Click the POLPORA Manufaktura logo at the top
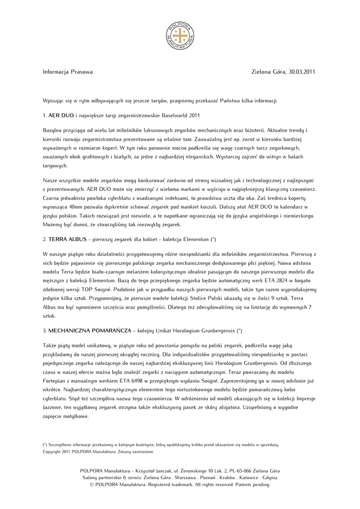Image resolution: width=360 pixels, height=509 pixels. click(180, 36)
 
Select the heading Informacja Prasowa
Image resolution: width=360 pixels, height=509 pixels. click(68, 72)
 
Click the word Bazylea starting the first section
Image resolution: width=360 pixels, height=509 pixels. click(53, 129)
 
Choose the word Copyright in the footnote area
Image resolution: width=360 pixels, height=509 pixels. click(52, 452)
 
